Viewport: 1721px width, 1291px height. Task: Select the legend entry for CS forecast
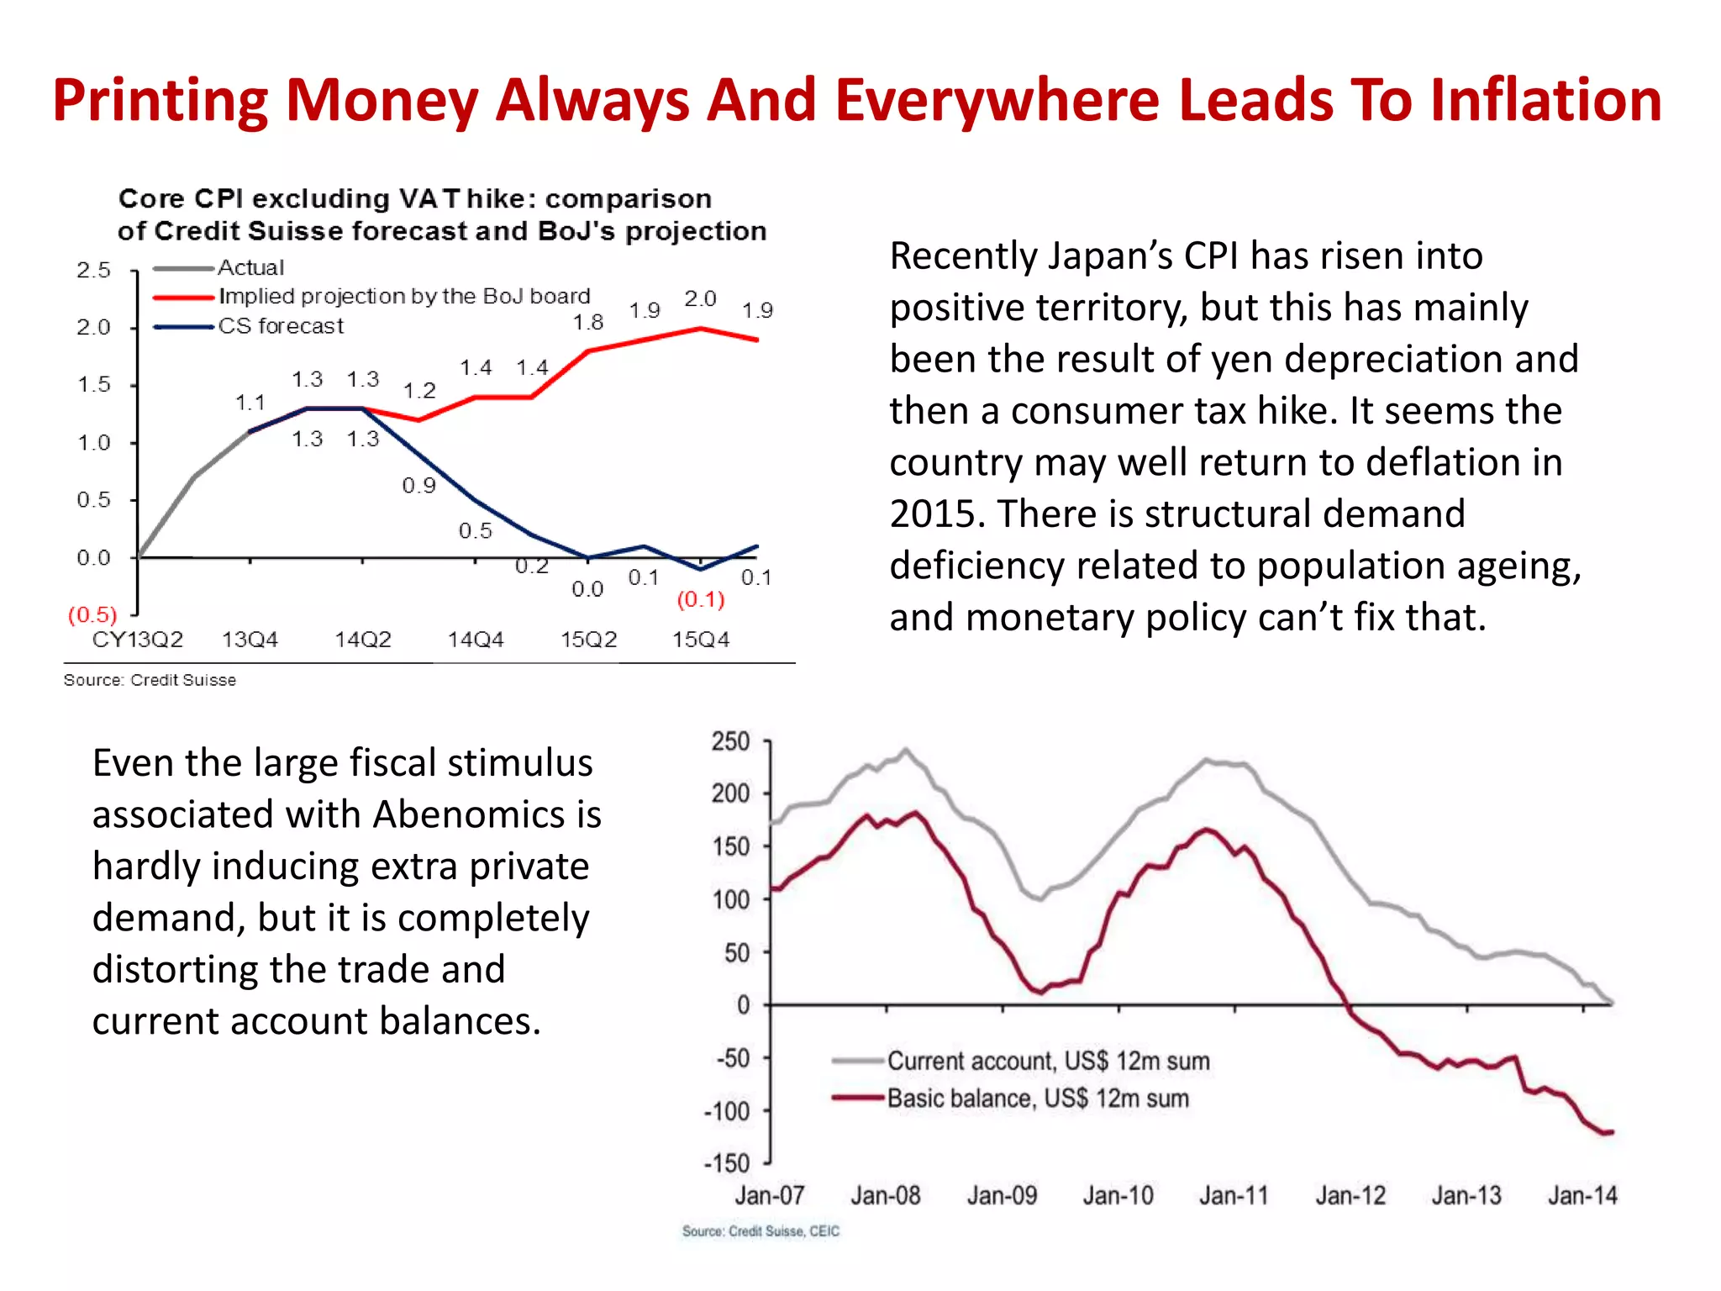pyautogui.click(x=280, y=326)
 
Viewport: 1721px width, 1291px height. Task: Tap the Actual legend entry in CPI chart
pyautogui.click(x=250, y=268)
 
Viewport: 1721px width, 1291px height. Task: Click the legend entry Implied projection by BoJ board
pyautogui.click(x=403, y=297)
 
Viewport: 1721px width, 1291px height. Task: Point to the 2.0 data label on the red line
pyautogui.click(x=700, y=299)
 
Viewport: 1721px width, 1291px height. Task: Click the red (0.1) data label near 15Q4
pyautogui.click(x=700, y=599)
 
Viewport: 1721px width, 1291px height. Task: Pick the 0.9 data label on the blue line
pyautogui.click(x=418, y=486)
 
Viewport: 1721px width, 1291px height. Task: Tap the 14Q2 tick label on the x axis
pyautogui.click(x=362, y=640)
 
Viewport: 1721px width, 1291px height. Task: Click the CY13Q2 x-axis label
pyautogui.click(x=138, y=640)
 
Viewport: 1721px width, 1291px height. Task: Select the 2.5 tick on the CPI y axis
pyautogui.click(x=93, y=271)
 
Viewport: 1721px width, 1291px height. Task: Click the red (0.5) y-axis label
pyautogui.click(x=92, y=614)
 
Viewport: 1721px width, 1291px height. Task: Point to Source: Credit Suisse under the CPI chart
pyautogui.click(x=150, y=680)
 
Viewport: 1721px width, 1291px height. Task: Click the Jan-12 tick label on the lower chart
pyautogui.click(x=1350, y=1195)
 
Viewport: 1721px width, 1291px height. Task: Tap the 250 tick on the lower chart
pyautogui.click(x=730, y=741)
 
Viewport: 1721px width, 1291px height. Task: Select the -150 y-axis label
pyautogui.click(x=727, y=1163)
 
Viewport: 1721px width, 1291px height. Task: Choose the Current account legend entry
pyautogui.click(x=1047, y=1061)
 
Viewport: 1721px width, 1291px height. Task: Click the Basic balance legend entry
pyautogui.click(x=1037, y=1099)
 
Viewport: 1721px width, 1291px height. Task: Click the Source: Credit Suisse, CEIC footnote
pyautogui.click(x=761, y=1231)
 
